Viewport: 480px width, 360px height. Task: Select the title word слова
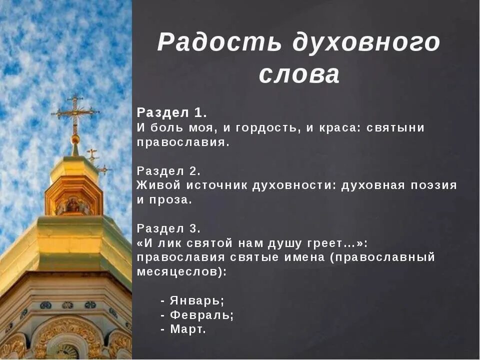(x=299, y=75)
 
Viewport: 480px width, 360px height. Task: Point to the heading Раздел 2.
(x=168, y=170)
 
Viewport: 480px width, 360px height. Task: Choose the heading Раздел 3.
(x=168, y=228)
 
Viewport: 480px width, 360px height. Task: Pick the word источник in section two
(x=217, y=185)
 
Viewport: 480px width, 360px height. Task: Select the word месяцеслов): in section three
(x=181, y=272)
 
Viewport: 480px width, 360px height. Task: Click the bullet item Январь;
(x=197, y=301)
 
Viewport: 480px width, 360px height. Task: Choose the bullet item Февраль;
(x=201, y=315)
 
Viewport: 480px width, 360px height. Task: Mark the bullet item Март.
(x=187, y=329)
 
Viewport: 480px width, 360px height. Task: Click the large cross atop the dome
(x=75, y=111)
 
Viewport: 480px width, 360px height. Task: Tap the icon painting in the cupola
(x=73, y=204)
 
